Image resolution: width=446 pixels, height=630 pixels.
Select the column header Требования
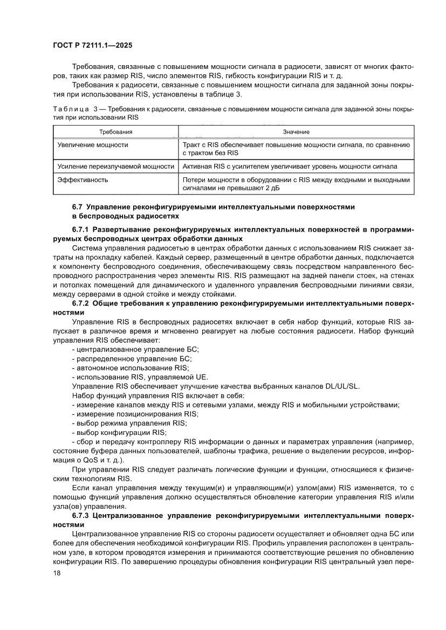click(115, 132)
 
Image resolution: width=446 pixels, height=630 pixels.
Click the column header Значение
click(296, 132)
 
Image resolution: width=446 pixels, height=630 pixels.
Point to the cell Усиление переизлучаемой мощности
click(115, 167)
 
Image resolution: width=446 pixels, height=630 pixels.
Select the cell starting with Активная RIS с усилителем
click(290, 167)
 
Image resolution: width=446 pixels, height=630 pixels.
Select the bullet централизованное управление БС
click(135, 350)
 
